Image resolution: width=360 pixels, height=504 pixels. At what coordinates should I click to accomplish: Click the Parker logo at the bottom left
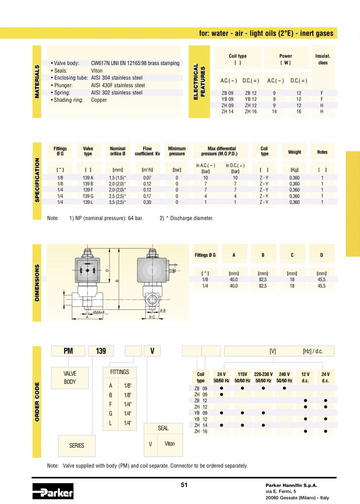tap(53, 491)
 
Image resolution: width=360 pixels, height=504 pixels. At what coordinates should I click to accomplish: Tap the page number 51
tap(184, 485)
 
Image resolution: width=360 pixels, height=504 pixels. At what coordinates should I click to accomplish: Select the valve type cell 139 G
tap(88, 196)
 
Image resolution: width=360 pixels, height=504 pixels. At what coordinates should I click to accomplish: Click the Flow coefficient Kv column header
tap(147, 151)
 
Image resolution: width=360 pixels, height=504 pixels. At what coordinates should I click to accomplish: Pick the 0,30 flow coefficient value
tap(147, 202)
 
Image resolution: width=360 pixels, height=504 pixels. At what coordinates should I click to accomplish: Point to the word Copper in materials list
tap(99, 100)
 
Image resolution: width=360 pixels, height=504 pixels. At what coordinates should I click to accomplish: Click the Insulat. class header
tap(323, 59)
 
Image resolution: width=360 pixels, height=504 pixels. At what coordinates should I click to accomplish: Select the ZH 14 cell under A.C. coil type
tap(228, 112)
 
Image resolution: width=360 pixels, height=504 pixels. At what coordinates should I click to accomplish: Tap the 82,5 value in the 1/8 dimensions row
tap(263, 280)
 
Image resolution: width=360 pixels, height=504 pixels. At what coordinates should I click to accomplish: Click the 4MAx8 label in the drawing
tap(98, 312)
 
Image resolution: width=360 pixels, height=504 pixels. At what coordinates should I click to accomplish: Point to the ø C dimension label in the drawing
tap(152, 317)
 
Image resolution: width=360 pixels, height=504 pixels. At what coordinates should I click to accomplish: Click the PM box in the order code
tap(68, 351)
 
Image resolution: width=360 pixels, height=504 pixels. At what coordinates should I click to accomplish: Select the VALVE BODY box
tap(70, 378)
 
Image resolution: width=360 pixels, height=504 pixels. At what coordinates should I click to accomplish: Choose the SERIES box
tap(77, 445)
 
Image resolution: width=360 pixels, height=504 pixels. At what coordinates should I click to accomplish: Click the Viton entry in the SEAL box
tap(169, 444)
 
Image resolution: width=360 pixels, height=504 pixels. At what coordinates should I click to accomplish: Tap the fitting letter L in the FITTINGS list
tap(110, 423)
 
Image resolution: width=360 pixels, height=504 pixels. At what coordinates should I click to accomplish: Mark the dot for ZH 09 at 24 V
tap(222, 394)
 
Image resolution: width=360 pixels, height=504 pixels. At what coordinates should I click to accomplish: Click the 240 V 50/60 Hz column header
tap(284, 377)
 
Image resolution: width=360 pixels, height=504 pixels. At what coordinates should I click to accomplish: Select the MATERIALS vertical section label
tap(37, 82)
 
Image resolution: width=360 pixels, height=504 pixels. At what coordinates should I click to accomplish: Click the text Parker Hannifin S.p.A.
tap(291, 485)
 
